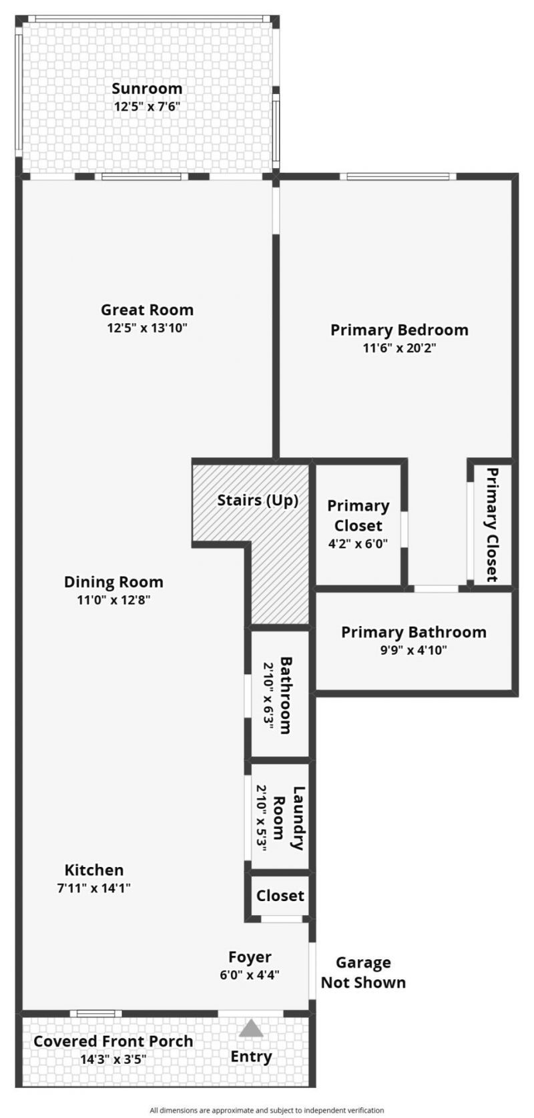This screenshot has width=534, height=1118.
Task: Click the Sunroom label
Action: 147,89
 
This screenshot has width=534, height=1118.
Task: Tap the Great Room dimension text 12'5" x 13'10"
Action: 147,328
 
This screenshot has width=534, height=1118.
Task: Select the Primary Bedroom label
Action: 399,330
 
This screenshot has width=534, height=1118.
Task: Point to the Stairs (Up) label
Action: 258,500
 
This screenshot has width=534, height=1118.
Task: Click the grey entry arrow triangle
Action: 251,1028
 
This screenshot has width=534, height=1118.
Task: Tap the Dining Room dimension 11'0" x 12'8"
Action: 113,599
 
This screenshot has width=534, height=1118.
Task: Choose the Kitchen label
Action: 94,870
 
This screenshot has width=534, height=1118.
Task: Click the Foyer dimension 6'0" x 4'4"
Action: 250,974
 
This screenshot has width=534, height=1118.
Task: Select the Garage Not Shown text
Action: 363,972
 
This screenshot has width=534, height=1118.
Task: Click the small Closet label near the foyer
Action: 280,896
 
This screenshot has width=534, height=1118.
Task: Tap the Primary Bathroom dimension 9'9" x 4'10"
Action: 414,649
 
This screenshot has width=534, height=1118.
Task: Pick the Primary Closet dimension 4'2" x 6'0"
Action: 358,543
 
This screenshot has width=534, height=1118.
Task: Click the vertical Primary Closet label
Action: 492,525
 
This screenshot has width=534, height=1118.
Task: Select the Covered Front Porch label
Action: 113,1041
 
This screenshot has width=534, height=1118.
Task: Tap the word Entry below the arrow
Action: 251,1057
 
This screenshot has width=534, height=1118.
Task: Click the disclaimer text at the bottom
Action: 267,1110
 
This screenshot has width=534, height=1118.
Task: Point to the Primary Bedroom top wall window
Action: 398,177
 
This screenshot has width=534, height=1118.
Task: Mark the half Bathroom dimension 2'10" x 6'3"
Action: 269,695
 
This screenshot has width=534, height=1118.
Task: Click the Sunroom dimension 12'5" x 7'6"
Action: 147,106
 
